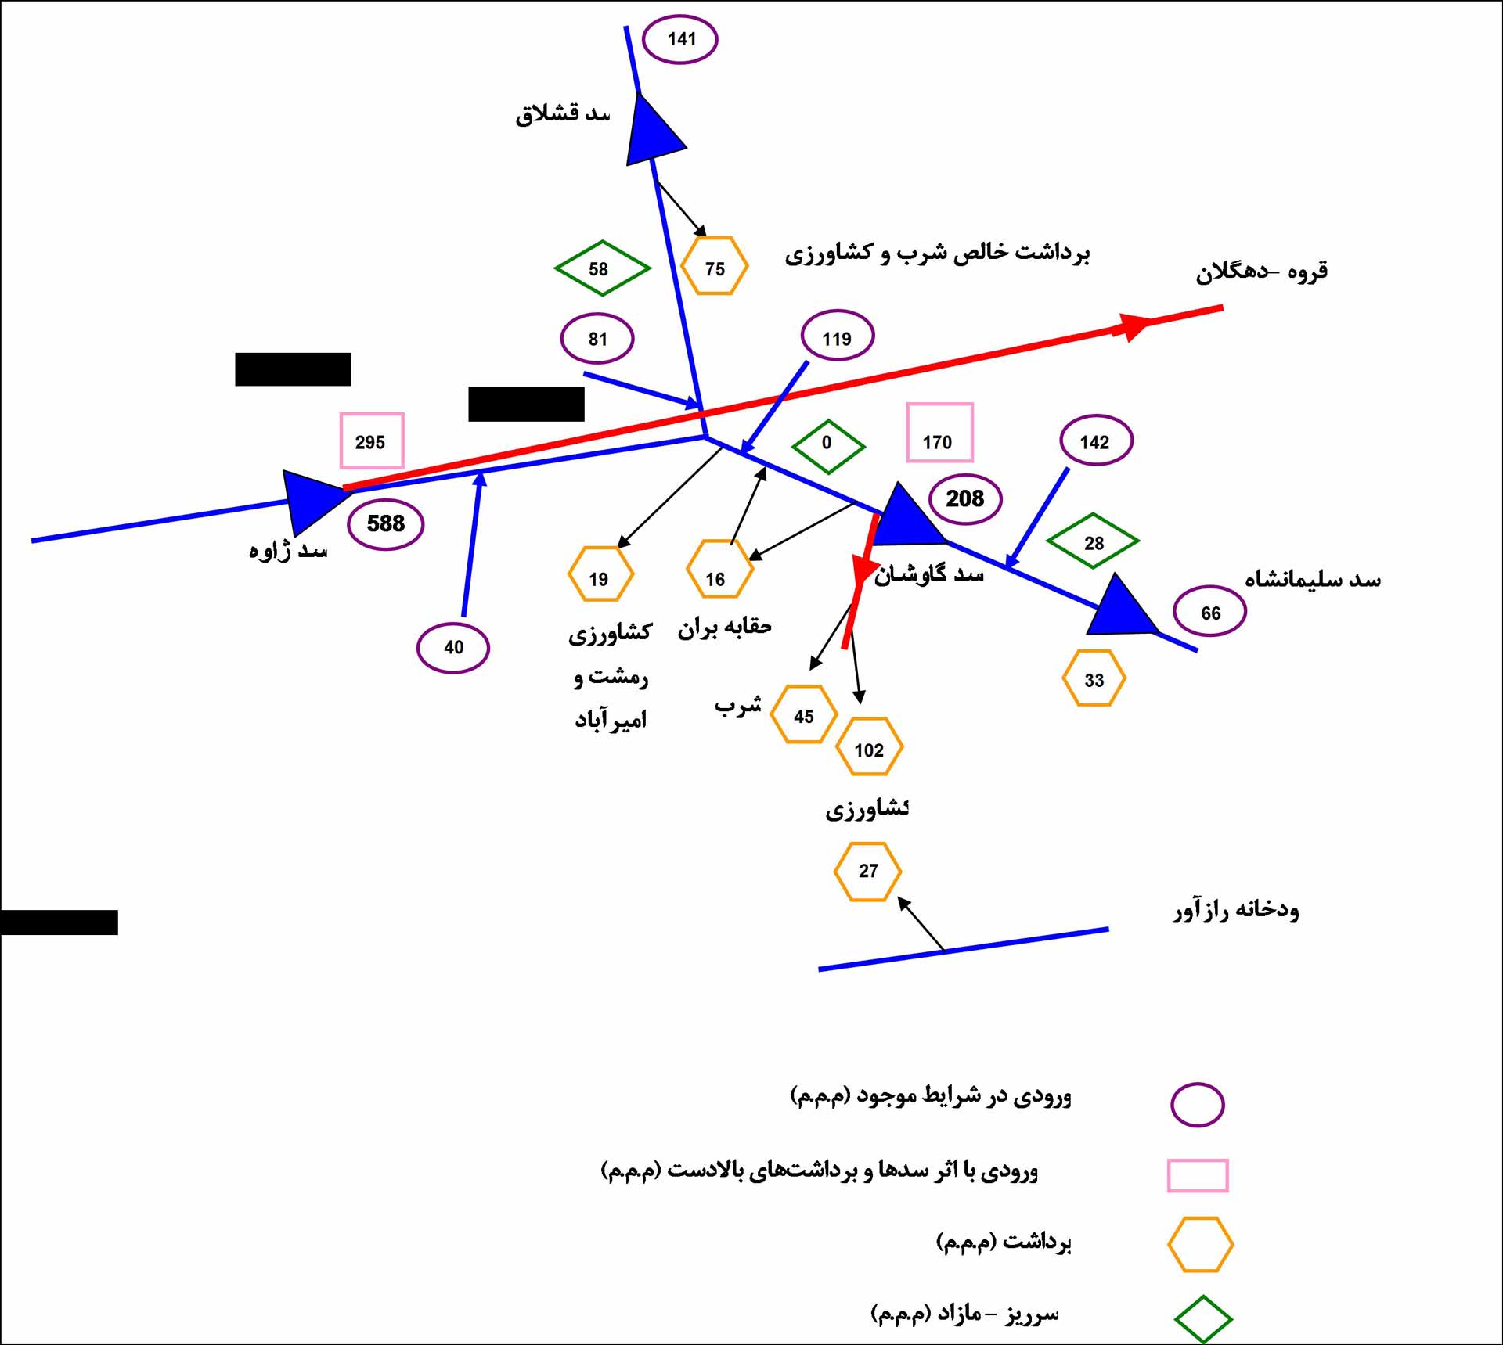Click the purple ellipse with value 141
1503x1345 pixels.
680,39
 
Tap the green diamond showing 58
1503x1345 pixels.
601,268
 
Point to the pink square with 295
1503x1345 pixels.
372,441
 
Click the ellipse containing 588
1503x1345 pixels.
385,523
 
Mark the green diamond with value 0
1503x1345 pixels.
828,445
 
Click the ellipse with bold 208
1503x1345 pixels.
965,499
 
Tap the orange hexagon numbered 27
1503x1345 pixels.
867,871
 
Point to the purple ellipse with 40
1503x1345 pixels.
453,648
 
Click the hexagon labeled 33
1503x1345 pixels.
1094,678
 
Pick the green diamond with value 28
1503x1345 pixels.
1093,541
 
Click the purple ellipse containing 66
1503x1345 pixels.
1209,612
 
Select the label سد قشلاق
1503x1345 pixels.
562,114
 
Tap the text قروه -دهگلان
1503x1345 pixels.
1261,272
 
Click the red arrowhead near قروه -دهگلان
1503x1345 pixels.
1133,325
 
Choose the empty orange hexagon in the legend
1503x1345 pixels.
1200,1244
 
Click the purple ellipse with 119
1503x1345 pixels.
837,336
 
